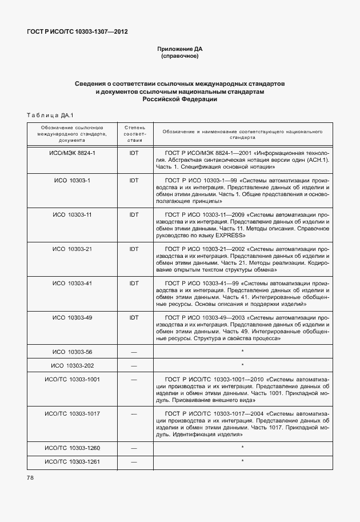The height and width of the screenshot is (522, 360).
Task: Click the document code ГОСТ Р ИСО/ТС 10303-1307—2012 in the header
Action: [77, 31]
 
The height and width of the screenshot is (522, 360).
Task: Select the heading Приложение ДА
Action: [180, 49]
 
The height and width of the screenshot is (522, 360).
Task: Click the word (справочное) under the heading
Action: [180, 57]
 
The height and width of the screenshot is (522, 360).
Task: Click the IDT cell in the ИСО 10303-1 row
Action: [134, 181]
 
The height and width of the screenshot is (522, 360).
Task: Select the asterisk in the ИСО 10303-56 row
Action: [242, 351]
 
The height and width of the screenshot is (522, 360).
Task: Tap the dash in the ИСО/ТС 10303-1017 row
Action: [134, 413]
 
